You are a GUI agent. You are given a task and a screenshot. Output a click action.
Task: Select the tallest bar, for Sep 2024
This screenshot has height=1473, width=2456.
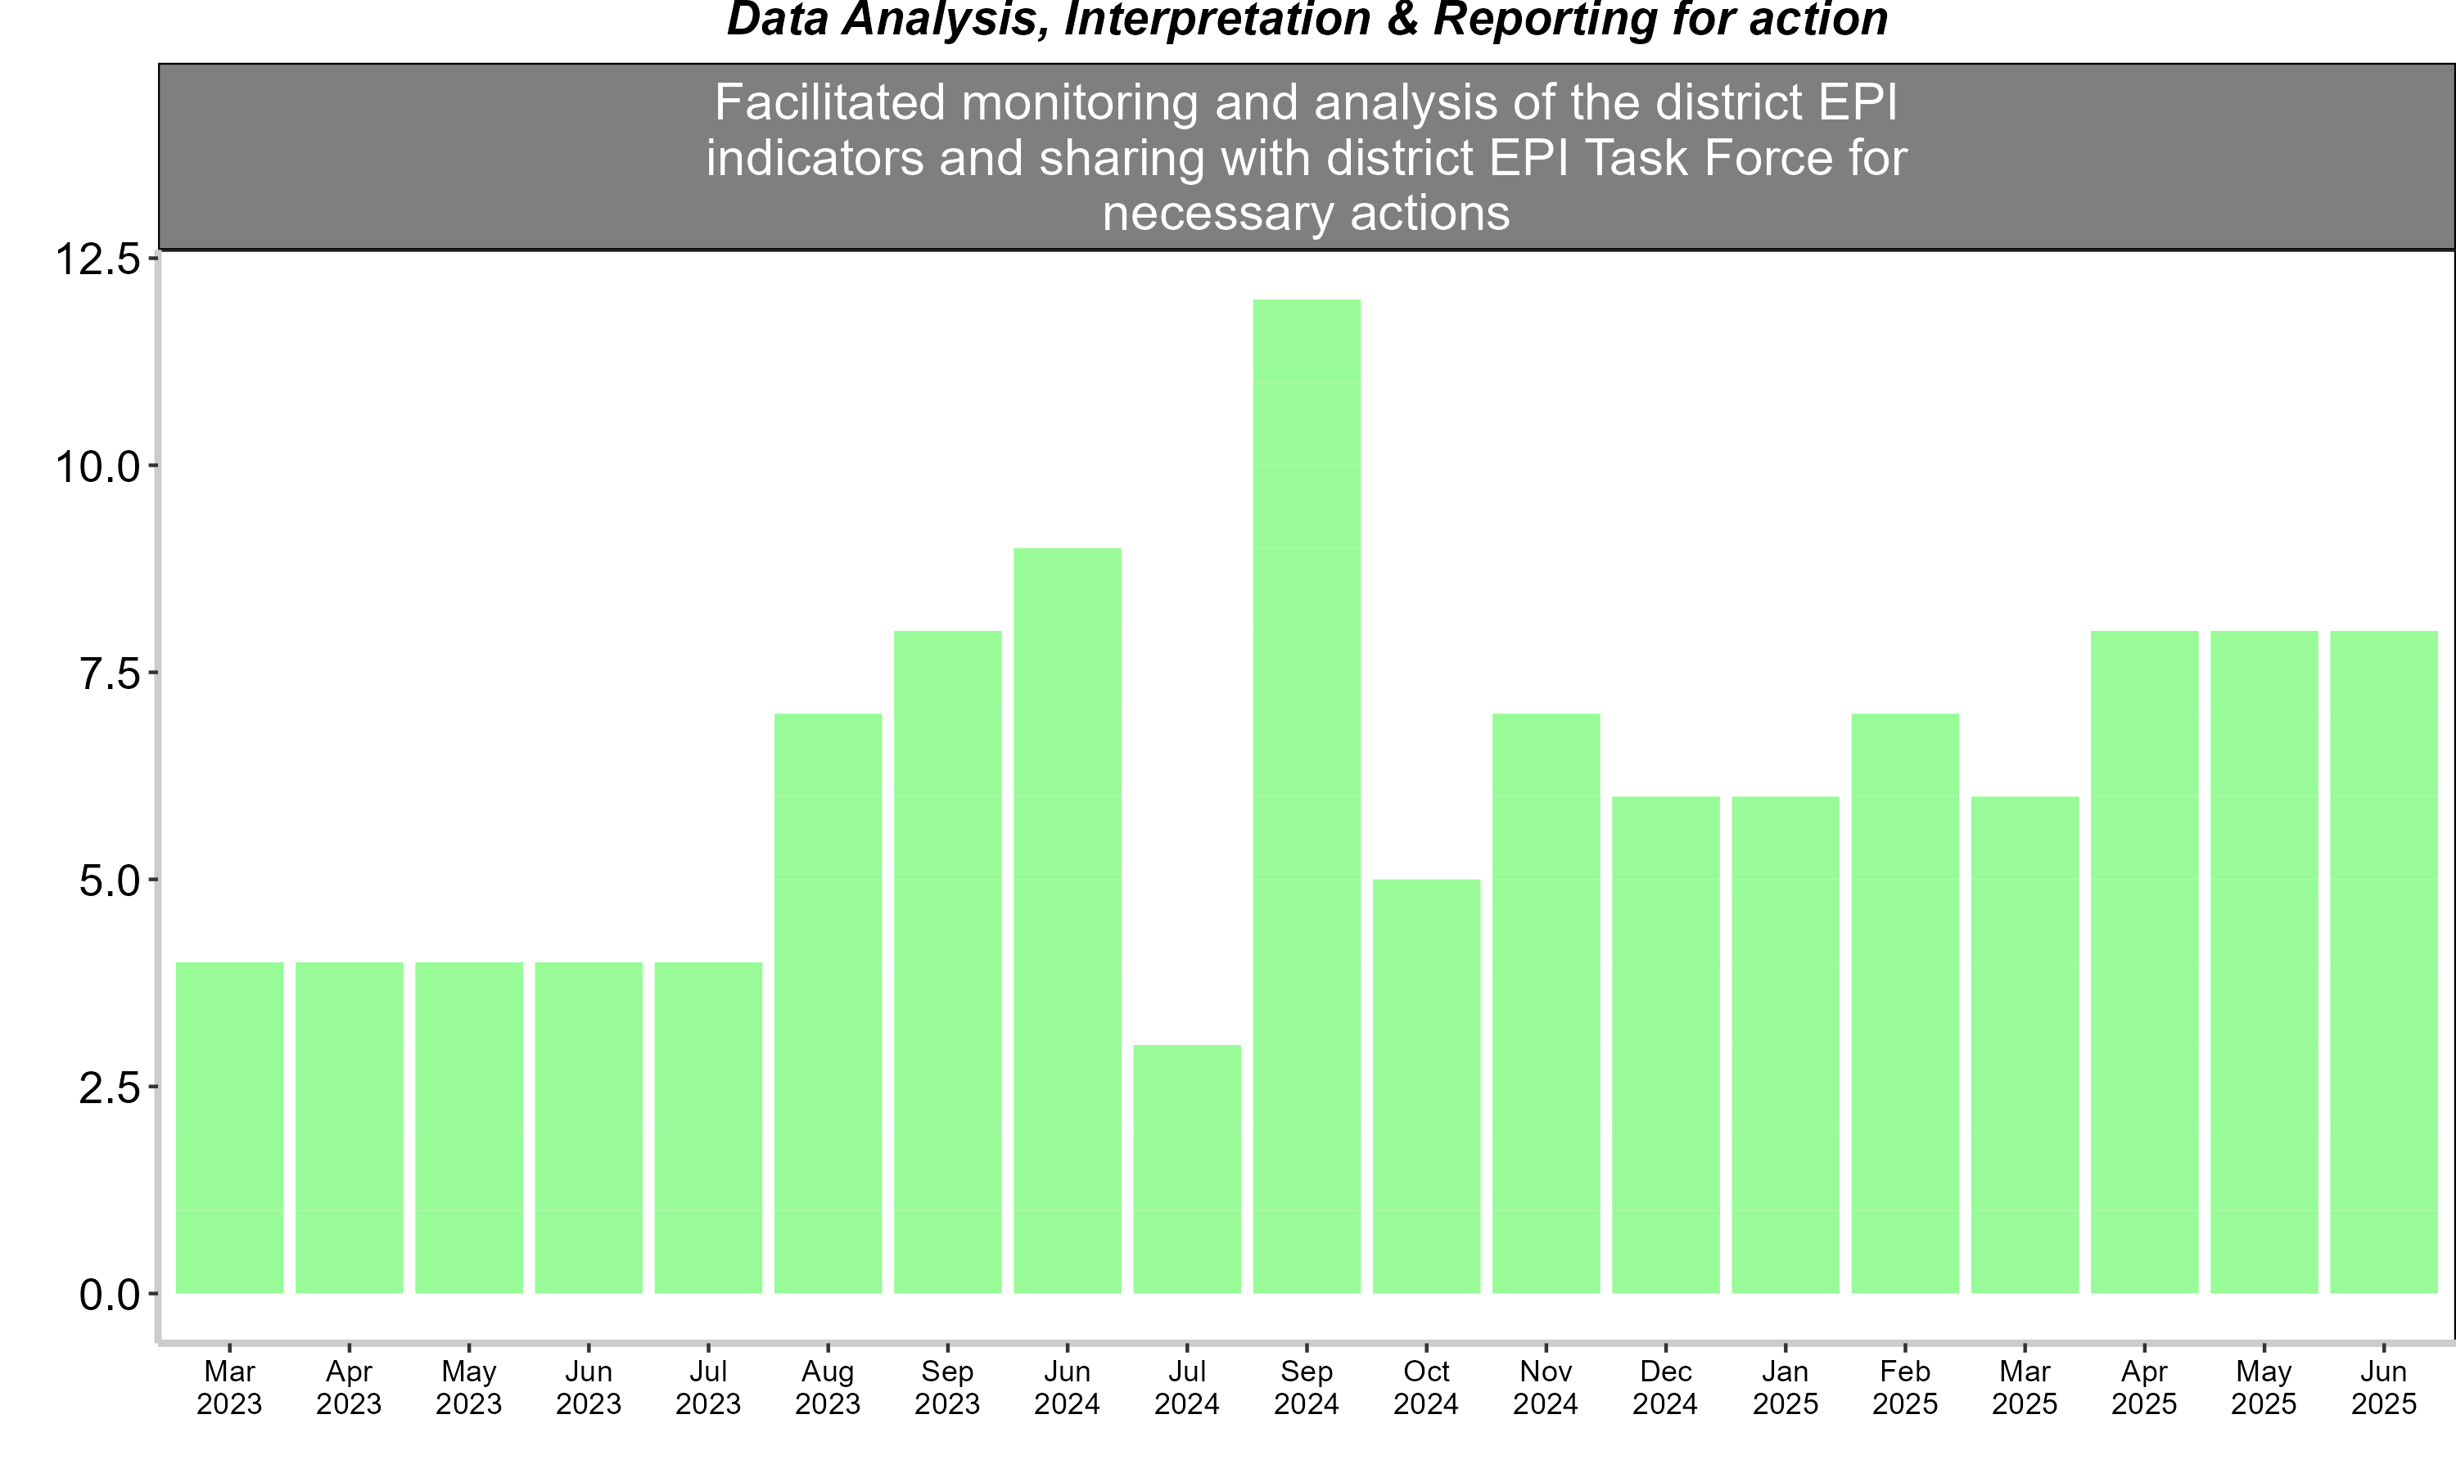(1307, 796)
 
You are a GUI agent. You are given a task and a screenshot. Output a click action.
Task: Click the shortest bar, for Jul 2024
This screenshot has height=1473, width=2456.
(1186, 1169)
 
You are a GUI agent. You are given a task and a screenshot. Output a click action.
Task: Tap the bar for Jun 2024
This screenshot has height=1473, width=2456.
(1068, 920)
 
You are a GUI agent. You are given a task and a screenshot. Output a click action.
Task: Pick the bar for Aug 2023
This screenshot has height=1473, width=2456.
(828, 1003)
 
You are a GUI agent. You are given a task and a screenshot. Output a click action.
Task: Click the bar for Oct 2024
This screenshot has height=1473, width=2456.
(1427, 1086)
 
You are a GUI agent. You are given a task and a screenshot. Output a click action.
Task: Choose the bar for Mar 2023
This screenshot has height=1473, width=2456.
(229, 1128)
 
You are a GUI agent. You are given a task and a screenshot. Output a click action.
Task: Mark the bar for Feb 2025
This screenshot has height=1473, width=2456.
(1905, 1003)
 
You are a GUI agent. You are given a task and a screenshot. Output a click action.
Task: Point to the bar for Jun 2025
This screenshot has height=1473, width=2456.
(2383, 962)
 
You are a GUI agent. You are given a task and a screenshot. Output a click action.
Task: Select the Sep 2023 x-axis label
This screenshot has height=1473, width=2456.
(947, 1388)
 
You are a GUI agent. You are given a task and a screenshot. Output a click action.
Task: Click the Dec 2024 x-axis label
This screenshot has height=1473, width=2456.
(1666, 1388)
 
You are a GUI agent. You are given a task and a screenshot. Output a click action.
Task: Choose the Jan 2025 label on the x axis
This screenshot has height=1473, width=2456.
(1785, 1388)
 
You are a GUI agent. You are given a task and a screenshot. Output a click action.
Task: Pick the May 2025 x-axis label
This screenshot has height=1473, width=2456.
(2264, 1388)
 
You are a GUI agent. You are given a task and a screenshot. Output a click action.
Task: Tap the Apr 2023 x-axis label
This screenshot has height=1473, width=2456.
(350, 1388)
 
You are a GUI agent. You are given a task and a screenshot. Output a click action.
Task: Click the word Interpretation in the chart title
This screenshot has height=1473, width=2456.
(1216, 20)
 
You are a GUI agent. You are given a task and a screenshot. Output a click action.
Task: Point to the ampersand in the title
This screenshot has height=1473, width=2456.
(1402, 19)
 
